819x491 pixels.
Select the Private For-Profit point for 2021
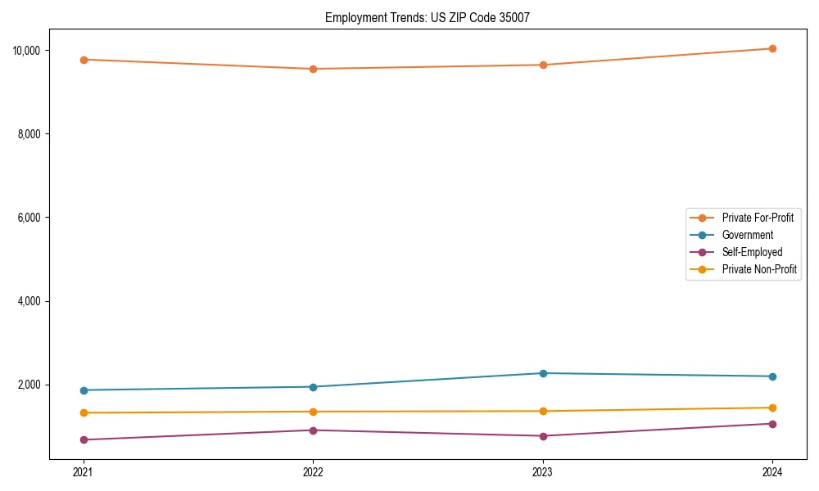tap(84, 60)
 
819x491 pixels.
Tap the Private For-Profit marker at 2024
tap(772, 48)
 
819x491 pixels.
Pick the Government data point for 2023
tap(543, 373)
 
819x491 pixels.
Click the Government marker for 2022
tap(313, 387)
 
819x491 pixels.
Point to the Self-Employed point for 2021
tap(84, 440)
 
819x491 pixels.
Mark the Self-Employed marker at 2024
tap(772, 424)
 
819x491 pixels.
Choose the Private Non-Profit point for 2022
tap(313, 412)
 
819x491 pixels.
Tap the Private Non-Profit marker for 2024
tap(772, 408)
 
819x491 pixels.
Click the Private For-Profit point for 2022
tap(313, 69)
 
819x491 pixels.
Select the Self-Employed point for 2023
tap(543, 436)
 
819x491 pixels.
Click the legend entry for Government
tap(747, 235)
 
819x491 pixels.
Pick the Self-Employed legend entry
tap(752, 252)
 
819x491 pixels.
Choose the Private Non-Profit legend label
tap(759, 269)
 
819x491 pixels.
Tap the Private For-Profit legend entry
tap(758, 218)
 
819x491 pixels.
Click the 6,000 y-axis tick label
tap(29, 218)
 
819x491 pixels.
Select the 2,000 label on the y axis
tap(29, 385)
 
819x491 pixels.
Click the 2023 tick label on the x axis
tap(543, 471)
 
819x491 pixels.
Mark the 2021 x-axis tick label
tap(84, 471)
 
